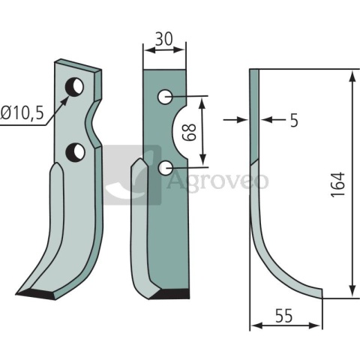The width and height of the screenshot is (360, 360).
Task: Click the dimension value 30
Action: (164, 39)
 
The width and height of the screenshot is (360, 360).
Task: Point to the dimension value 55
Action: (283, 316)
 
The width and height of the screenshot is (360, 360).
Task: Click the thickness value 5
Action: (295, 121)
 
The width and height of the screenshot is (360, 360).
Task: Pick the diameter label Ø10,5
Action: (22, 113)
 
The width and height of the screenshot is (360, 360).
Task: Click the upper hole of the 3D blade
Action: (74, 87)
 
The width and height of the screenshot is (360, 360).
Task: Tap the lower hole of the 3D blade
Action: (75, 152)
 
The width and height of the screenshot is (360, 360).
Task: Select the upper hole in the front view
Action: (165, 97)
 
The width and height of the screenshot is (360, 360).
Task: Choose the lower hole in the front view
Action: (165, 168)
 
